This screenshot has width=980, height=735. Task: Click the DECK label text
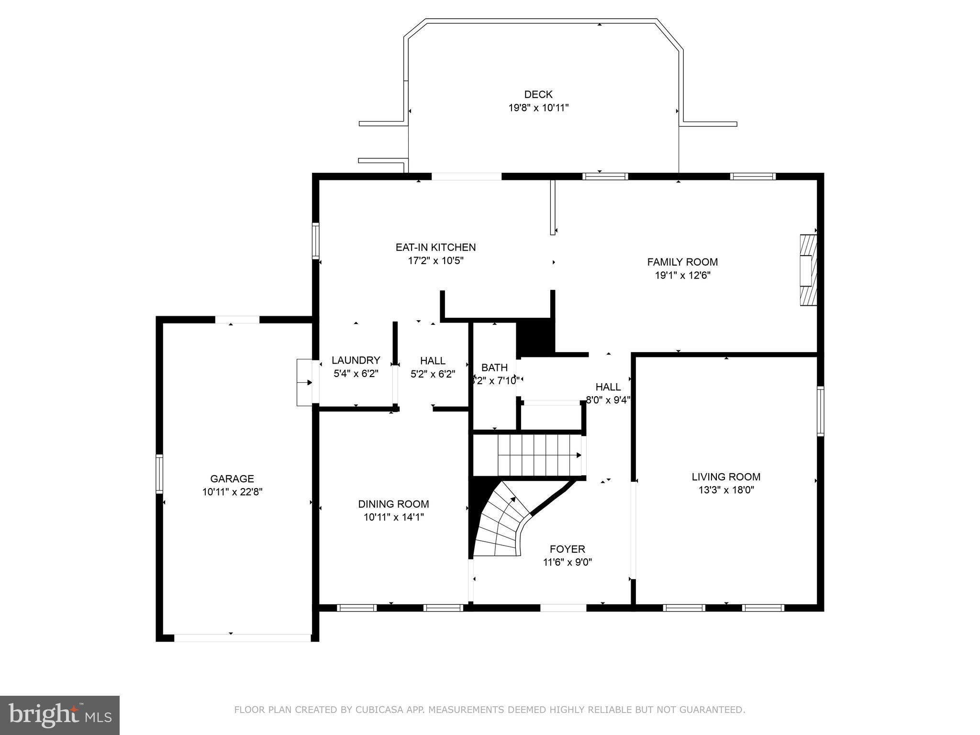pos(538,94)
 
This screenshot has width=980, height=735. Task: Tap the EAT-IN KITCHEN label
pos(435,247)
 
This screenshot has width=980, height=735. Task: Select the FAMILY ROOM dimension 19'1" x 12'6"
pos(682,276)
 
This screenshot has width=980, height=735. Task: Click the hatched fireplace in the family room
pos(808,270)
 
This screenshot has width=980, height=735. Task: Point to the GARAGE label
pos(232,479)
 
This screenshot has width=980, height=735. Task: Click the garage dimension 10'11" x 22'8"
pos(232,492)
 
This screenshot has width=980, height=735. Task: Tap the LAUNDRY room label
pos(356,360)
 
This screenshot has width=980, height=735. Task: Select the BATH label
pos(494,367)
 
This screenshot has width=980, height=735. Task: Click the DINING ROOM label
pos(393,504)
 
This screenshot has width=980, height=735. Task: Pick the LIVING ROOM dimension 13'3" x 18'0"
pos(726,490)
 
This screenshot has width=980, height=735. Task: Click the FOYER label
pos(567,549)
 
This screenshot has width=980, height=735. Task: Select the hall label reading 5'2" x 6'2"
pos(433,374)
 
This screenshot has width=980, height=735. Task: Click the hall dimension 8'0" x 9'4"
pos(608,400)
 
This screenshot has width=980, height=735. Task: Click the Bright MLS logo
pos(60,716)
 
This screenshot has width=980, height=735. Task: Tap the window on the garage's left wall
pos(159,474)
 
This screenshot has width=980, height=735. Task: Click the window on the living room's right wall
pos(820,411)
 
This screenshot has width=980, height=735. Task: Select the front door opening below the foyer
pos(563,608)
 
